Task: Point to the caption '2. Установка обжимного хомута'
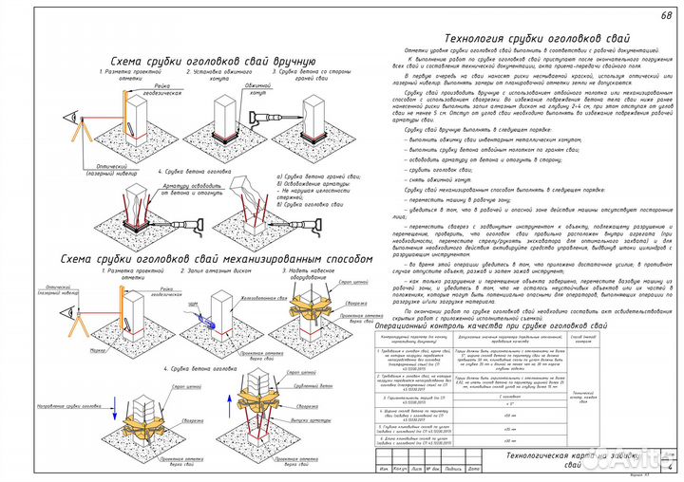point(223,72)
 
